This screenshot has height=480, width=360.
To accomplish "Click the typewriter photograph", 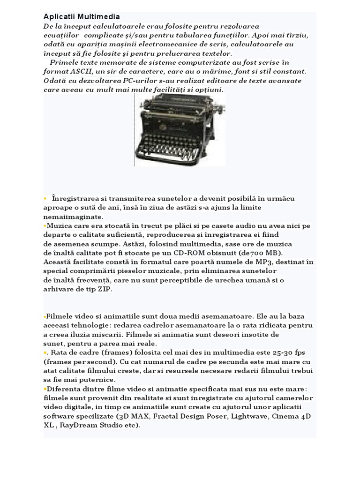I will coord(180,130).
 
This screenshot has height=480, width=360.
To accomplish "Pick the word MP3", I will coord(268,262).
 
